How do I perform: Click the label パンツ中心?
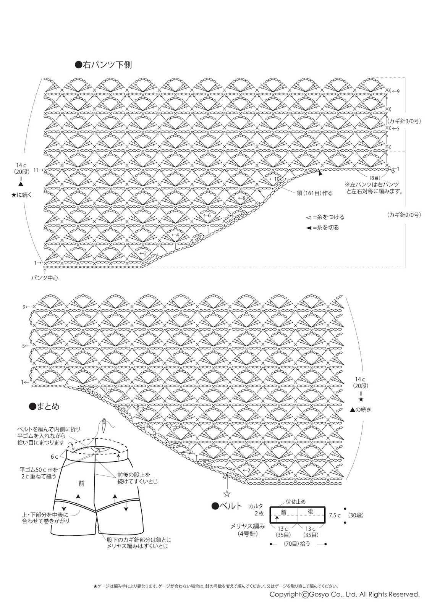(x=45, y=278)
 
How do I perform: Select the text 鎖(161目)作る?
(x=315, y=193)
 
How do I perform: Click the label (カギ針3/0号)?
(x=404, y=121)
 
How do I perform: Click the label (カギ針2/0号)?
(x=404, y=215)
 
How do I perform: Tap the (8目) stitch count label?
(x=374, y=178)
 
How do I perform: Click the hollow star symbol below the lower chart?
(x=227, y=493)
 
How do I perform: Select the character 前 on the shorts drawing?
(x=81, y=483)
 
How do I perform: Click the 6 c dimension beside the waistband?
(x=54, y=457)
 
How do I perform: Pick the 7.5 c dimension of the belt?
(x=335, y=515)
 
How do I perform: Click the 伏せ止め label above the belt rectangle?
(x=296, y=502)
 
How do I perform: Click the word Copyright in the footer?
(x=285, y=594)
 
